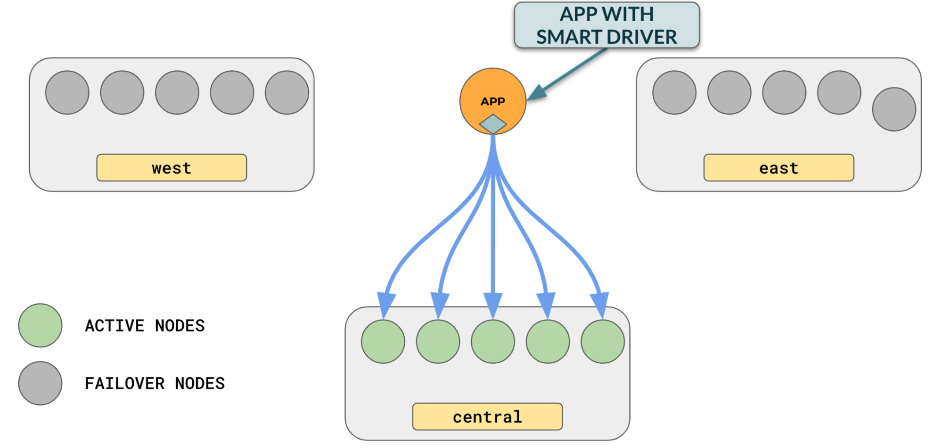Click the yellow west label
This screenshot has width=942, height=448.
[172, 167]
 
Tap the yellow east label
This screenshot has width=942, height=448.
[778, 167]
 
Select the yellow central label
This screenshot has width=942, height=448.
[487, 416]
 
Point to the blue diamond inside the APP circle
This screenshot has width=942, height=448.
[493, 124]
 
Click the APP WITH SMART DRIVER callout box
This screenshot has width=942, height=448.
[606, 25]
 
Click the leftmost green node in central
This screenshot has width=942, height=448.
[383, 341]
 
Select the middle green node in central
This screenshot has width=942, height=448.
[493, 341]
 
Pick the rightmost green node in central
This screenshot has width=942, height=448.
[603, 341]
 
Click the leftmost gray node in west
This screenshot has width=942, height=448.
[67, 92]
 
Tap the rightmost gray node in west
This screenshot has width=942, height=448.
[287, 92]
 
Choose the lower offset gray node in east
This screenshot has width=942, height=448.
[894, 109]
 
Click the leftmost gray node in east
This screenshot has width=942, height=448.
[674, 92]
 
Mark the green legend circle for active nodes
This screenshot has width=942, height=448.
[41, 325]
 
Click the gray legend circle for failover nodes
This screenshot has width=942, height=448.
[41, 383]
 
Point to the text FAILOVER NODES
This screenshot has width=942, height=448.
[155, 383]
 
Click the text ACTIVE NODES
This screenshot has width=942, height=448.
[145, 326]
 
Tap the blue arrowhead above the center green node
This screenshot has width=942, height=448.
[493, 304]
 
